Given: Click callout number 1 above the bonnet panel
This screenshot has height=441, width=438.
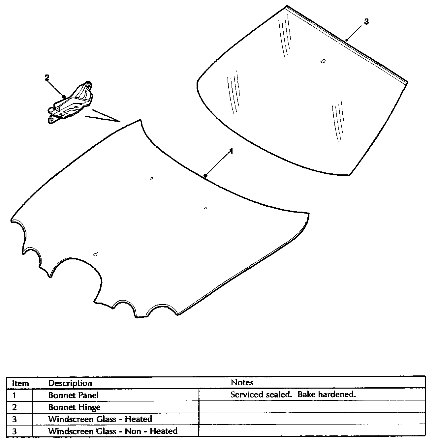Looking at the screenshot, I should coord(232,151).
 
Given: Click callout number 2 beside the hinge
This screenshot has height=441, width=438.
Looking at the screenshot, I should coord(47,77).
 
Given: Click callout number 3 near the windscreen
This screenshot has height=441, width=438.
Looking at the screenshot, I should coord(366,22).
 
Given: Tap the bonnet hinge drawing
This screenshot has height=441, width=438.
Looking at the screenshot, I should coord(71,102).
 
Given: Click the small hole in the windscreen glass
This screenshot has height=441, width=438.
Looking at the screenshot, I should coord(323,61).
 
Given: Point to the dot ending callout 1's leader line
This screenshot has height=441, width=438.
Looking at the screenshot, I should coord(205,175).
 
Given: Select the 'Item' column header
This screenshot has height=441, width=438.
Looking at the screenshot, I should coord(20,383).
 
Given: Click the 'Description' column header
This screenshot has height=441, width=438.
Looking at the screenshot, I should coord(70,383).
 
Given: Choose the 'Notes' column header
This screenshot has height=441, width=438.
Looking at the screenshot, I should coord(242,383).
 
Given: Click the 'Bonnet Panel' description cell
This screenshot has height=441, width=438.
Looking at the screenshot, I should coord(73,395).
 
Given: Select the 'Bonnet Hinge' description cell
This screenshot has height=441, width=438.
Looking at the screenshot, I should coord(74,407).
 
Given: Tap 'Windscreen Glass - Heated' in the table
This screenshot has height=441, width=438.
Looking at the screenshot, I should coord(100,419).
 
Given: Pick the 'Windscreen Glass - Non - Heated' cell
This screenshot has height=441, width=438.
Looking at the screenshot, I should coord(112,431).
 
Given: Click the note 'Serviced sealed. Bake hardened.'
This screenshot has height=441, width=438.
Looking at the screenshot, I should coord(293,395).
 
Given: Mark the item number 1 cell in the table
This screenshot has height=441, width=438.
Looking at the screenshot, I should coord(14,395).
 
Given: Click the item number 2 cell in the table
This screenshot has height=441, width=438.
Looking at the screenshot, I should coord(14,407).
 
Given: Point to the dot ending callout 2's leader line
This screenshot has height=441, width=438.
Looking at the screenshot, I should coord(64,97).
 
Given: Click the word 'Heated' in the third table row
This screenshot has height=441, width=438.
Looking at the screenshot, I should coord(138,419).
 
